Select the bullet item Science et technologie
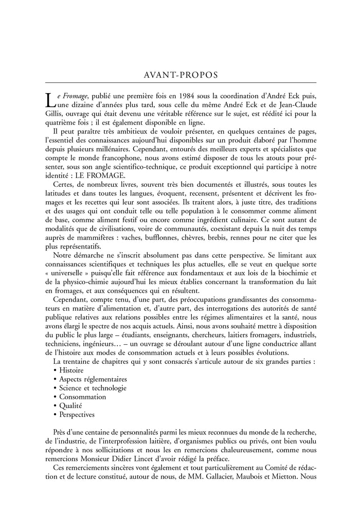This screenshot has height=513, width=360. pyautogui.click(x=93, y=388)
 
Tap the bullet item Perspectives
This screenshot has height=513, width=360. pyautogui.click(x=77, y=414)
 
